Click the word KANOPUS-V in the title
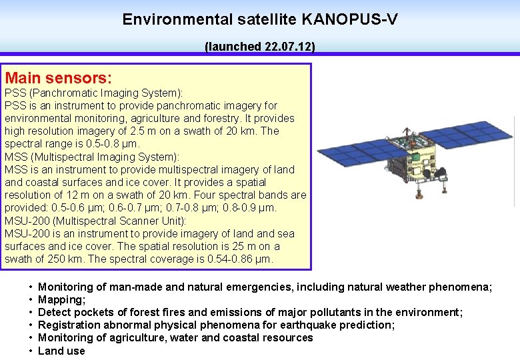(350, 19)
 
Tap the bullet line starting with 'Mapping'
(62, 300)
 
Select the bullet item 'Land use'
(61, 351)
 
